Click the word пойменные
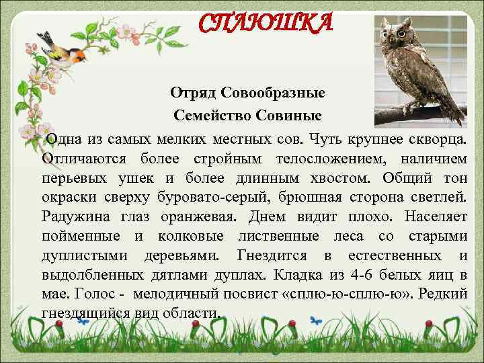click(x=81, y=237)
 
